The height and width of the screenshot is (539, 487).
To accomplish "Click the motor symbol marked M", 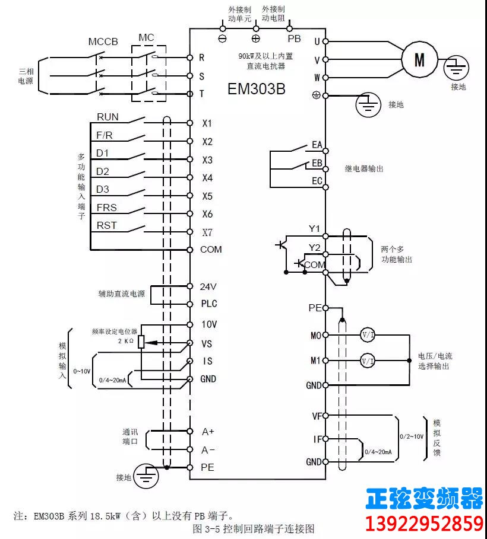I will pos(420,59).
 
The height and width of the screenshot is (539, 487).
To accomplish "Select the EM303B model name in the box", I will pos(257,89).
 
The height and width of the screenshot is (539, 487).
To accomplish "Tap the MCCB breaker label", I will pos(103,42).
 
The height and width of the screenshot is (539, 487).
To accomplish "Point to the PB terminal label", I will pos(294,39).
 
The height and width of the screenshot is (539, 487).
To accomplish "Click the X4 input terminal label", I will pos(207,178).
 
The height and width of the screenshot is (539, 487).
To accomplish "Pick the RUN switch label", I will pos(107,117).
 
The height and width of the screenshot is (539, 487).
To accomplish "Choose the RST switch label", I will pos(106,225).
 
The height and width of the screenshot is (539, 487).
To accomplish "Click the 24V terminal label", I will pos(208,286).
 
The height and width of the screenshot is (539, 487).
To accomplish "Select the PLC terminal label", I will pos(208,304).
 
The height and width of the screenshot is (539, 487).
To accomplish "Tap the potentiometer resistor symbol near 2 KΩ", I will pos(141,342).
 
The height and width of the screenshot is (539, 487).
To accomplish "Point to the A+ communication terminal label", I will pos(208,431).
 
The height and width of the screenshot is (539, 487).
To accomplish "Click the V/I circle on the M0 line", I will pos(368,335).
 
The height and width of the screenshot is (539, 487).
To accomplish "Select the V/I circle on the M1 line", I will pos(368,361).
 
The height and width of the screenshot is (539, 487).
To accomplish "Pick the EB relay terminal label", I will pos(317,162).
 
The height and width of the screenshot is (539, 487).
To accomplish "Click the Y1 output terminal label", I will pos(314,229).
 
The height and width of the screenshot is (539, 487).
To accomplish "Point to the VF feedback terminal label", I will pos(316,416).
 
